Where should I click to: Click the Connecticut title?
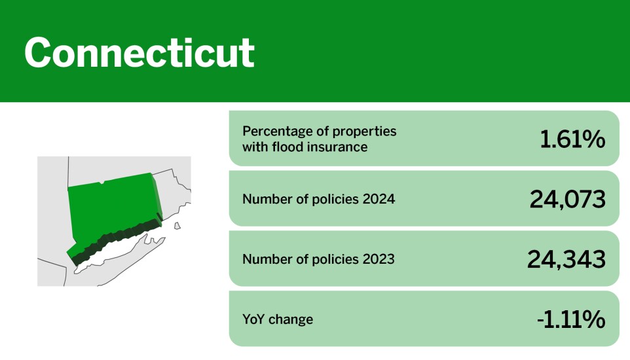point(139,52)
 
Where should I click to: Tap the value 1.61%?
point(572,139)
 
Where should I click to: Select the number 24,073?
point(567,199)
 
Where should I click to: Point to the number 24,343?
point(566,259)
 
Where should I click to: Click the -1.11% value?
point(571,319)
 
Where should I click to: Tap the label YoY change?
point(278,319)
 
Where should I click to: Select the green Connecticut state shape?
point(113,213)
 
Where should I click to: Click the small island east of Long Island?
point(177,226)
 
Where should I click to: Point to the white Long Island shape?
point(117,253)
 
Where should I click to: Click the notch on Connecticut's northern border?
point(102,183)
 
